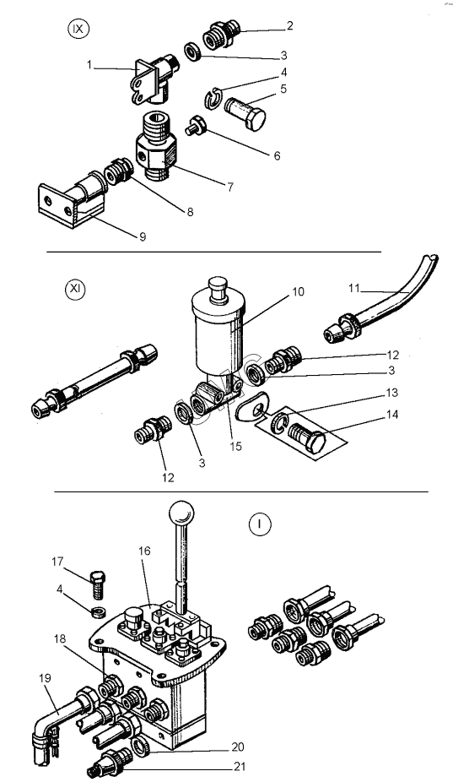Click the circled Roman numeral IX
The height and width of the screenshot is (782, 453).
click(78, 29)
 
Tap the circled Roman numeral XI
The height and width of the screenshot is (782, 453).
click(75, 290)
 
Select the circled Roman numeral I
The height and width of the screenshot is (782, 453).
click(259, 524)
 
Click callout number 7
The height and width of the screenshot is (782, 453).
click(230, 187)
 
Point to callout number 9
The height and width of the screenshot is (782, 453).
click(143, 237)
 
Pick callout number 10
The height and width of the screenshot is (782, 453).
click(298, 291)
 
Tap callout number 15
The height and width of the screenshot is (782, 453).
click(235, 446)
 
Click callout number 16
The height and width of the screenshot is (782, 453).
click(144, 551)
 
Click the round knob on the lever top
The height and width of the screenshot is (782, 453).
click(181, 513)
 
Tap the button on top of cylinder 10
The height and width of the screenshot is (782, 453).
click(218, 291)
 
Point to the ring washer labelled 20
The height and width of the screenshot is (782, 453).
click(140, 746)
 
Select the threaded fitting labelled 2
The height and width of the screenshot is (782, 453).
click(222, 34)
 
